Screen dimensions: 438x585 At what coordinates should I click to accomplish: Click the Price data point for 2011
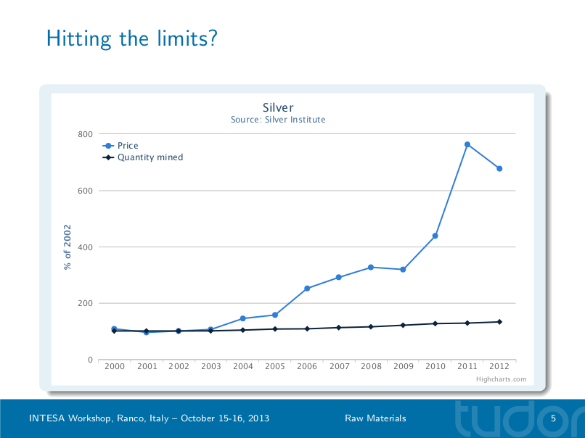click(467, 144)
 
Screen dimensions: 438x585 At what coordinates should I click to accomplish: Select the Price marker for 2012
click(499, 169)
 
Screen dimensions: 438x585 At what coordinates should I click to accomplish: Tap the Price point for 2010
click(435, 236)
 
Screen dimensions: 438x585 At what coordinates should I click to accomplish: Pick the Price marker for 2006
click(307, 289)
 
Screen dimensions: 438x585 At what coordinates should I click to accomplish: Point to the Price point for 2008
click(371, 268)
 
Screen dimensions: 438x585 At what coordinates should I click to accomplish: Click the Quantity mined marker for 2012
click(499, 322)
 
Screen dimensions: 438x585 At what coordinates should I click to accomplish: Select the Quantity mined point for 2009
click(404, 325)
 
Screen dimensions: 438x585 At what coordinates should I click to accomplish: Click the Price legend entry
click(127, 146)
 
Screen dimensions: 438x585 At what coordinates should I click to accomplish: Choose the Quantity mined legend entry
click(150, 157)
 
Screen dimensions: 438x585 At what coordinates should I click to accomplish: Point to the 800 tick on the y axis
click(85, 134)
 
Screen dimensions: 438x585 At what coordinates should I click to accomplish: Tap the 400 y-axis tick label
click(85, 247)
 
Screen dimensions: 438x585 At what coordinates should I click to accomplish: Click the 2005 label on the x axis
click(275, 367)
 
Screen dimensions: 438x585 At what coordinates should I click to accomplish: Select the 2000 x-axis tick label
click(115, 367)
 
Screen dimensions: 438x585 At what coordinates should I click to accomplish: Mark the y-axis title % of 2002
click(67, 247)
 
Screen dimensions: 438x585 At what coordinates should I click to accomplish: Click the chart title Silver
click(278, 108)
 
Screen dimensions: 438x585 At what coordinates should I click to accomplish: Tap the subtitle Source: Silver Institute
click(278, 120)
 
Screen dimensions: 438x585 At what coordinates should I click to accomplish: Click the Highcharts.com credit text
click(501, 379)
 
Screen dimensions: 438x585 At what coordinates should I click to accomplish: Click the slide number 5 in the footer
click(553, 418)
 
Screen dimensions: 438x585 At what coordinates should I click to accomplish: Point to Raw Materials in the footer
click(375, 418)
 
